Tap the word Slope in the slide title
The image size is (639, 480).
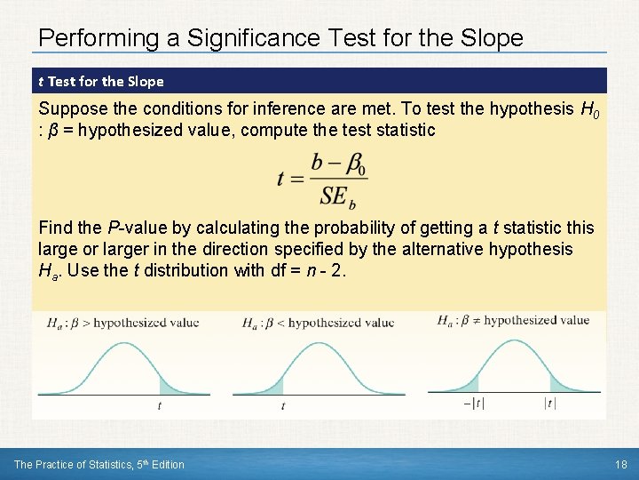pos(487,38)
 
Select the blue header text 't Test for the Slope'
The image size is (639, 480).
pos(101,82)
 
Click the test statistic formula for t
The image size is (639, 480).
pos(322,179)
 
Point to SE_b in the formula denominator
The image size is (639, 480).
pos(338,196)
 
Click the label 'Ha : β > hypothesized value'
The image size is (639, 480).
pos(123,323)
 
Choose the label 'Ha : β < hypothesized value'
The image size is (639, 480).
pos(318,323)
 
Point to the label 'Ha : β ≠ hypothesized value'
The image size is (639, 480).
pos(513,320)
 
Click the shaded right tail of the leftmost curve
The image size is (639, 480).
pos(171,386)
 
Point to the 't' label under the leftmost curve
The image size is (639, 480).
pos(160,405)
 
